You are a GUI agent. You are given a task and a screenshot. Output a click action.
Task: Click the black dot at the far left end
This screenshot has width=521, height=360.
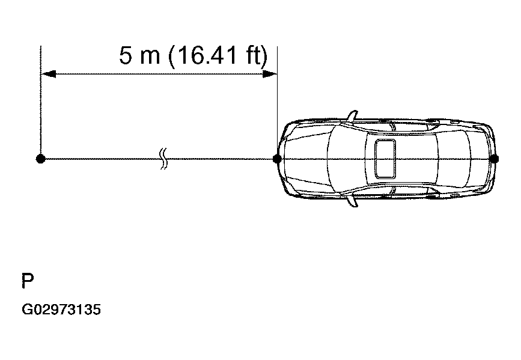[x=40, y=159]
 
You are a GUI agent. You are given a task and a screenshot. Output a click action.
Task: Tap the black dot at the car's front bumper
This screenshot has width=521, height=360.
[x=277, y=159]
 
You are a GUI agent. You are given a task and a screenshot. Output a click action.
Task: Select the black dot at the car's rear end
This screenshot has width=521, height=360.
[x=494, y=159]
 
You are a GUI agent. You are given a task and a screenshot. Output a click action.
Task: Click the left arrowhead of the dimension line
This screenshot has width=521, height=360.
[x=48, y=74]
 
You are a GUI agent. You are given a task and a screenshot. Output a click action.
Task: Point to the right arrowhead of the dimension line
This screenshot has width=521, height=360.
[x=269, y=74]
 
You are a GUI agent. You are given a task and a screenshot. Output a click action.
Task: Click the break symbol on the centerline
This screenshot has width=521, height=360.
[x=163, y=159]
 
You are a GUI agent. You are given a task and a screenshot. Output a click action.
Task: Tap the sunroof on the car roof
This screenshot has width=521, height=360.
[x=385, y=159]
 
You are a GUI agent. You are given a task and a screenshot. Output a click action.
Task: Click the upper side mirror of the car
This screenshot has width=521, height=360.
[x=352, y=115]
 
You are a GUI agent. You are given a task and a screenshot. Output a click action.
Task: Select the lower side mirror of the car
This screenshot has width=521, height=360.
[x=352, y=201]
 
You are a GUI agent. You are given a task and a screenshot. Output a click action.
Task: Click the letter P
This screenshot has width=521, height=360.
[x=28, y=281]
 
